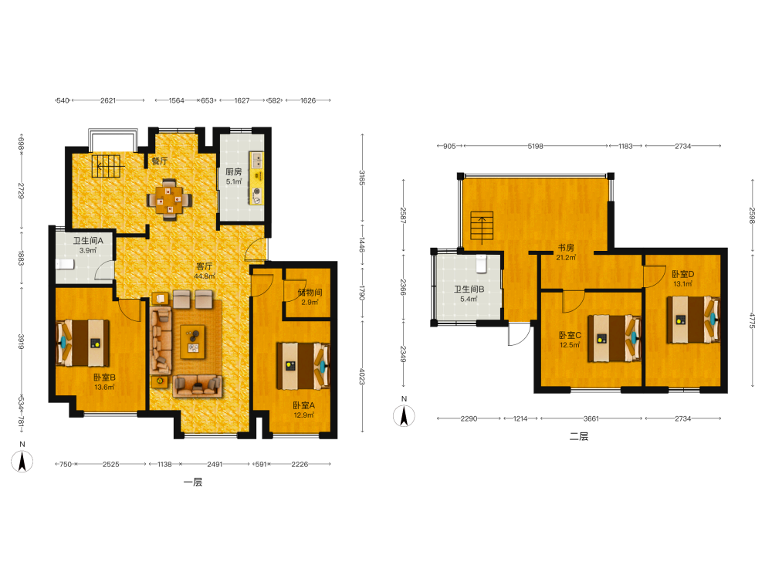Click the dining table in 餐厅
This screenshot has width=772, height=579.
169,199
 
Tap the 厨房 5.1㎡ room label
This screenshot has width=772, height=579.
234,176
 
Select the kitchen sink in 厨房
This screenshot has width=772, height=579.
256,160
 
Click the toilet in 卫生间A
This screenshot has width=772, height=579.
65,264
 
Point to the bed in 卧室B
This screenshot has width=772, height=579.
83,343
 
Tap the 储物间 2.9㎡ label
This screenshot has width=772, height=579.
310,297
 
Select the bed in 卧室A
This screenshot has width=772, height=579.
303,366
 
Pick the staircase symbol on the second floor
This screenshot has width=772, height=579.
482,226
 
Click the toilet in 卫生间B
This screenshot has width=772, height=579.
482,263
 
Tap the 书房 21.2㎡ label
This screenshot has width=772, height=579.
566,252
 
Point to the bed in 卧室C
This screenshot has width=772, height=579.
615,339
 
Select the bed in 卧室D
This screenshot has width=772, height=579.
693,320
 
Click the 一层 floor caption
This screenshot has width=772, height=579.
193,482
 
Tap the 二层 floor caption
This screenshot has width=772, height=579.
579,436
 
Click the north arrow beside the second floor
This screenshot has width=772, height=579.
405,416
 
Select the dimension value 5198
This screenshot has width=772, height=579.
535,146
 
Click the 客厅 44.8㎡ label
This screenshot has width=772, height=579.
205,271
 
